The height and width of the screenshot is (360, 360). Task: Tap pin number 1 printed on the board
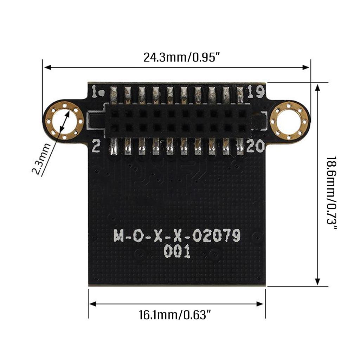tap(95, 92)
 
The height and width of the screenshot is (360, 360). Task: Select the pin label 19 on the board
tap(255, 92)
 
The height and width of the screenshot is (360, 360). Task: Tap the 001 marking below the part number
tap(177, 252)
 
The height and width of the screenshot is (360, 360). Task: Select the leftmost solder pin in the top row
tap(114, 94)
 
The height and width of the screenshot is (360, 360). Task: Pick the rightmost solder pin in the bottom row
tap(240, 147)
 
